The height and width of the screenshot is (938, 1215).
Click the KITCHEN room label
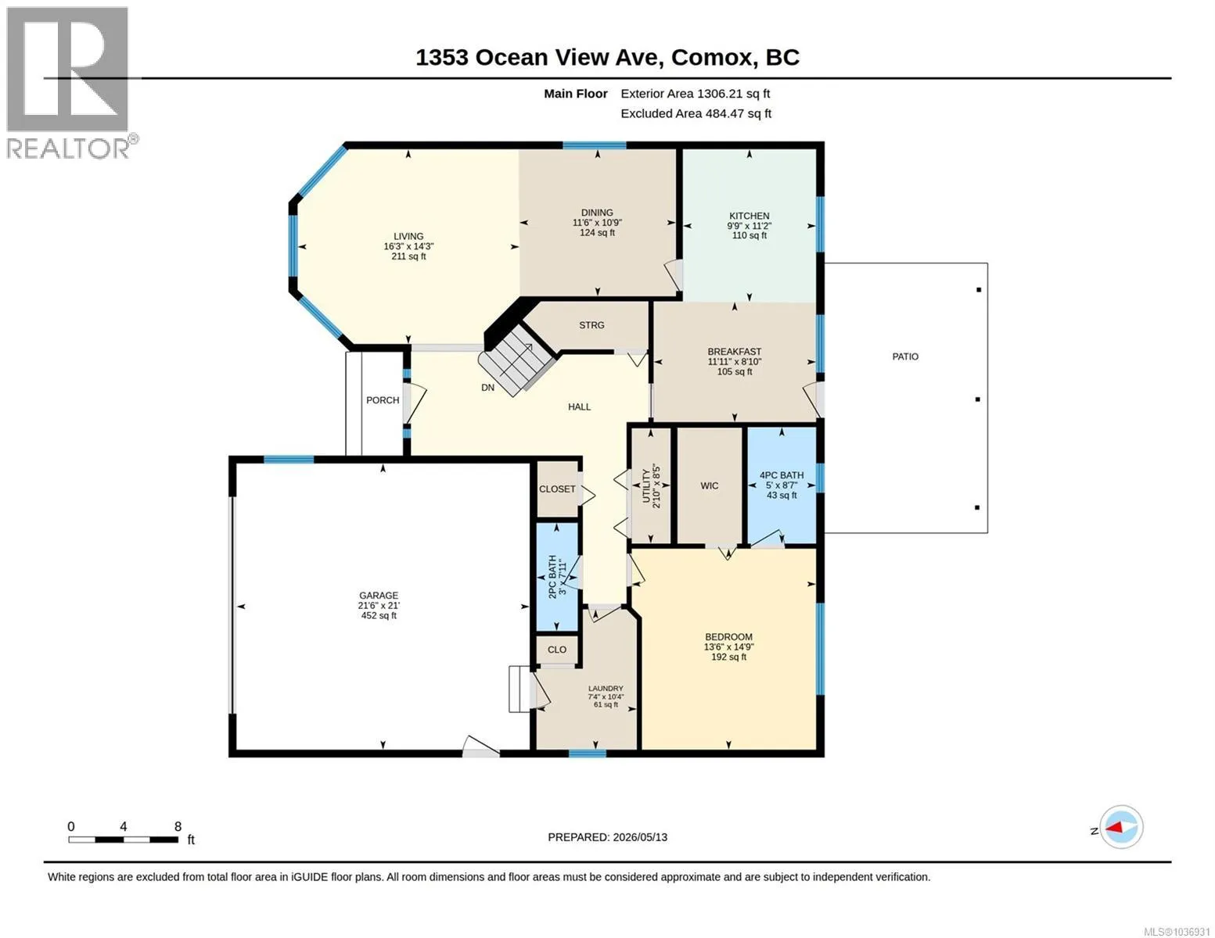click(749, 216)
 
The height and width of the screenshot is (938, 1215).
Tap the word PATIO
click(904, 356)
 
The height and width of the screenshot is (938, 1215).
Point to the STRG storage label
click(591, 325)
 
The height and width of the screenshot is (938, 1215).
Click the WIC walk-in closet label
click(709, 486)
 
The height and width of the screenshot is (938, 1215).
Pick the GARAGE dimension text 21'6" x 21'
click(379, 606)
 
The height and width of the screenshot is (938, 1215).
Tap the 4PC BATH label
click(781, 475)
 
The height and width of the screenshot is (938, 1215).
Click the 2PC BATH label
click(552, 577)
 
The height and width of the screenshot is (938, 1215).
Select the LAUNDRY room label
click(606, 689)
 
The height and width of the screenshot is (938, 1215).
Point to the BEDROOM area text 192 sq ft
click(728, 657)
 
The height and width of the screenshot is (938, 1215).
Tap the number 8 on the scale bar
click(178, 826)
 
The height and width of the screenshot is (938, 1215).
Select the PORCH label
click(383, 400)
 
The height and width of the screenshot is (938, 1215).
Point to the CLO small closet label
click(557, 650)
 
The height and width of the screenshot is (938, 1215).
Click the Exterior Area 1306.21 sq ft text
click(695, 94)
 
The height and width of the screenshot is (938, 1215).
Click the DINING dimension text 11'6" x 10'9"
click(597, 222)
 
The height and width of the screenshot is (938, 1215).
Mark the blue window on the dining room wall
click(594, 145)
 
